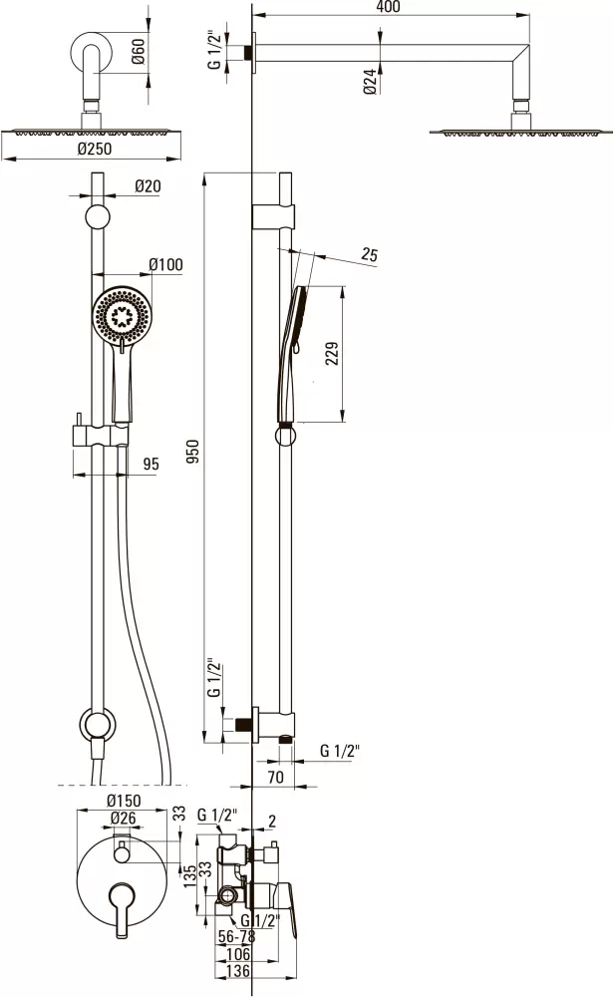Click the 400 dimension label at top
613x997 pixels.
(x=388, y=6)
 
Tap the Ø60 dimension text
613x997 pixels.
(x=139, y=51)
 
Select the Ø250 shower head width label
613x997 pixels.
(x=94, y=149)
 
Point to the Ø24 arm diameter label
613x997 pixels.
(x=372, y=82)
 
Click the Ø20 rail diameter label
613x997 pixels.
(x=148, y=185)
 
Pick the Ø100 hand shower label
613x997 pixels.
(x=165, y=264)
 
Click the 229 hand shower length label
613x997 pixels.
(x=332, y=354)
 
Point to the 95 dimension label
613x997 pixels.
(x=151, y=464)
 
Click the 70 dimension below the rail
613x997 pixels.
(x=275, y=777)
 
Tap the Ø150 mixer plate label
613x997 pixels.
(x=124, y=802)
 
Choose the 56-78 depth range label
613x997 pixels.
(x=236, y=936)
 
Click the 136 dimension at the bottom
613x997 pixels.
(x=238, y=971)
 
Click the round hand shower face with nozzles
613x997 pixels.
(x=121, y=315)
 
